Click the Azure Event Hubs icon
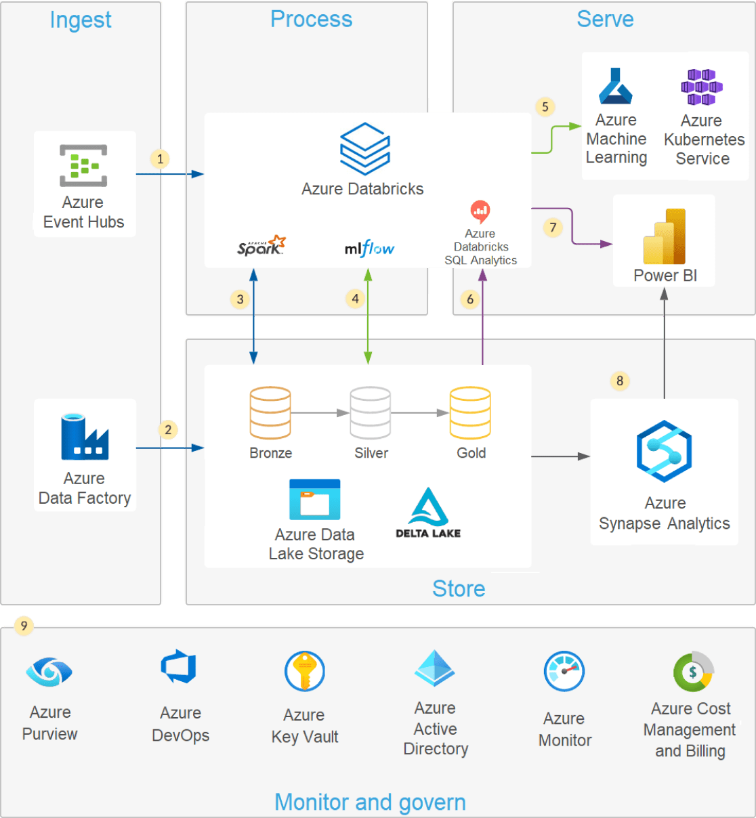(83, 165)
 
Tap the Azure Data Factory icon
(85, 437)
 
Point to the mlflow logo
(369, 249)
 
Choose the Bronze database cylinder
(270, 412)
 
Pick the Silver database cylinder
(370, 412)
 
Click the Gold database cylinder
(470, 412)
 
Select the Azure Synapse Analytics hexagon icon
(664, 451)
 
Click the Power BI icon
(664, 236)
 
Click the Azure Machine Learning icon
(615, 86)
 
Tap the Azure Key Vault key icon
(305, 671)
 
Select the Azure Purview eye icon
(49, 671)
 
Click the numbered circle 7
(553, 228)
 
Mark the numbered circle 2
(168, 430)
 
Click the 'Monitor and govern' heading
(370, 802)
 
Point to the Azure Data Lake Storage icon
(314, 499)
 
